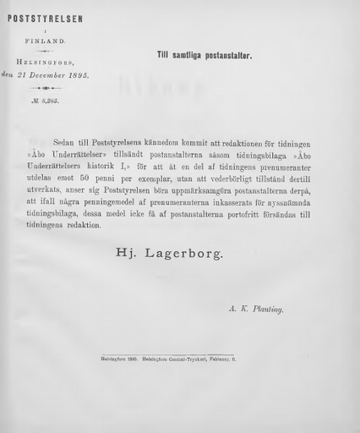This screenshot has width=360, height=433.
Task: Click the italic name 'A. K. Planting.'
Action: point(256,310)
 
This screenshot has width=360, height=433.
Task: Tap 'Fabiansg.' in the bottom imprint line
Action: point(243,359)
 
